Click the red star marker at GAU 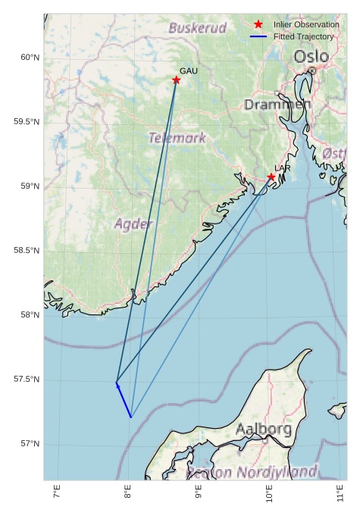[176, 80]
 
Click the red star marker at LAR [271, 177]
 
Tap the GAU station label [189, 71]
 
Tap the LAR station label [283, 168]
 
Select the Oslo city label [311, 57]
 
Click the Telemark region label [177, 139]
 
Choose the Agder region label [133, 224]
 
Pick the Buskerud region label [197, 28]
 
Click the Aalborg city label [264, 429]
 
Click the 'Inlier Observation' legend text [306, 25]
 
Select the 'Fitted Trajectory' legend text [303, 36]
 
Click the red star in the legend [258, 25]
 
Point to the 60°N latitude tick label [30, 58]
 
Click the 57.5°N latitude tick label [27, 380]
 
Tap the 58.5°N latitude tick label [27, 251]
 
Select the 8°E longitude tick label [127, 496]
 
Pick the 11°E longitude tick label [341, 496]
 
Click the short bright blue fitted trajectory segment [124, 401]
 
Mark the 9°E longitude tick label [199, 496]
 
